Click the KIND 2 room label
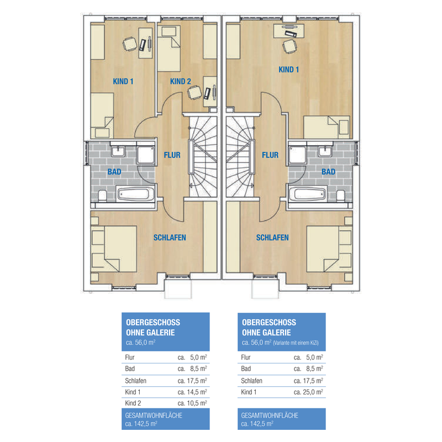181,81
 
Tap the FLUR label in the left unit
172,155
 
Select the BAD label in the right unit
328,172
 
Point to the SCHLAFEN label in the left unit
170,238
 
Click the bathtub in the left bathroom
135,194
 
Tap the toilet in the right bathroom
340,196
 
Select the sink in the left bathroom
118,151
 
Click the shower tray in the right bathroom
297,155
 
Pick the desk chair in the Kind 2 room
194,92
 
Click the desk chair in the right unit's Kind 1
290,46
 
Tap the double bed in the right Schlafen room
329,249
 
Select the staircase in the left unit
203,156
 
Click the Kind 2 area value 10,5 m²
198,403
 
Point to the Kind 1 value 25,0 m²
314,392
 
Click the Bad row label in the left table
130,369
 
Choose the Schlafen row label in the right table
251,381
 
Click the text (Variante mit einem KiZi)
296,343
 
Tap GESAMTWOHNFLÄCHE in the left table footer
154,415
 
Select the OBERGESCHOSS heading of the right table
269,323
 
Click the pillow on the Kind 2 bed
169,31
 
